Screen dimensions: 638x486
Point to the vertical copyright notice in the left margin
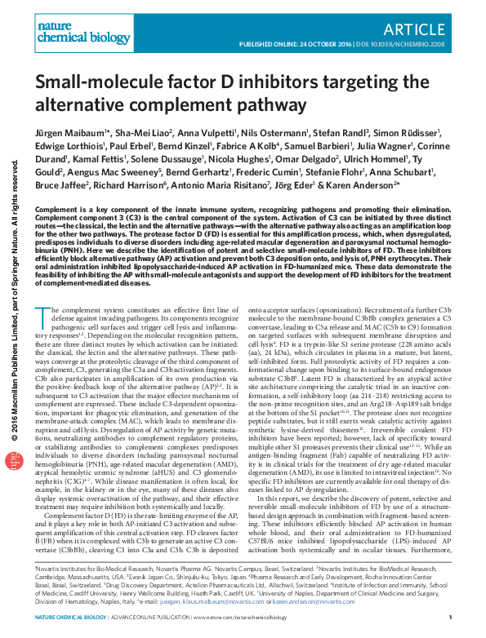click(x=13, y=294)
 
